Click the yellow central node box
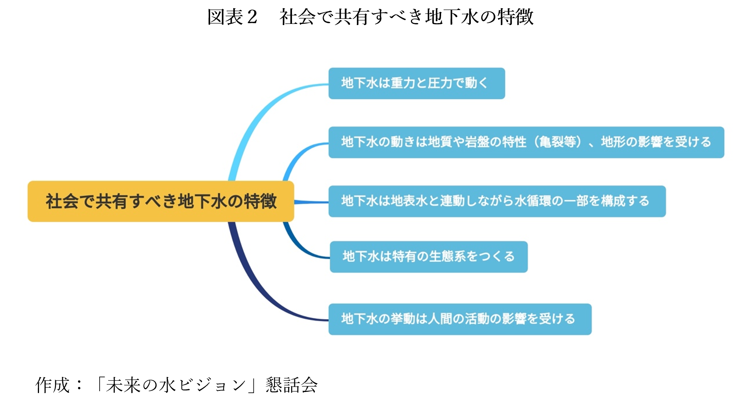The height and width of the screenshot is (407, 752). (x=161, y=201)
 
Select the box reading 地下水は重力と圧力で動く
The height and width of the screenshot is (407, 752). (x=417, y=83)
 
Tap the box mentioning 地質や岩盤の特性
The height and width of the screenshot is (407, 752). (x=526, y=142)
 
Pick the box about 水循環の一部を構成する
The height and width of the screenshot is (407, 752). (x=497, y=201)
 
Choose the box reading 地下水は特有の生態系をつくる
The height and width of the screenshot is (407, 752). (x=429, y=257)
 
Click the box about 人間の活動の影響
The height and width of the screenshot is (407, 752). (x=460, y=319)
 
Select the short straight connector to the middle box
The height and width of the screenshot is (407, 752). (x=311, y=202)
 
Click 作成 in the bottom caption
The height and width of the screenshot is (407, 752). (x=53, y=385)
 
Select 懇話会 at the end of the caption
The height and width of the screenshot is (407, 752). (x=292, y=385)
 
